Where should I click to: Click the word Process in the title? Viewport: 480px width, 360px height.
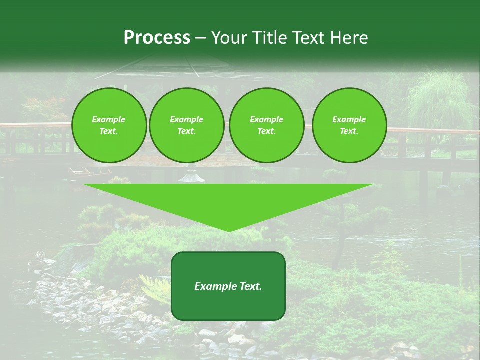[157, 38]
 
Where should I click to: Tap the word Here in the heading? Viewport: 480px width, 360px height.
[348, 38]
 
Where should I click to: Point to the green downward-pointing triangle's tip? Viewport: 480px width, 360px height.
[229, 230]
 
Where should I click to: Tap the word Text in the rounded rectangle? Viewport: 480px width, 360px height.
[250, 286]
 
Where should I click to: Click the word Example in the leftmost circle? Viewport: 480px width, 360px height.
[109, 119]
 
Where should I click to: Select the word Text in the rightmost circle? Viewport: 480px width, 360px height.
[349, 131]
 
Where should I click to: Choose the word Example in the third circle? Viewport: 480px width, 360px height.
[266, 119]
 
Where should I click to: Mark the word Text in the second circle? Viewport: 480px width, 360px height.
[186, 131]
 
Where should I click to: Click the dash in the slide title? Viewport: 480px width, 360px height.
[201, 38]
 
